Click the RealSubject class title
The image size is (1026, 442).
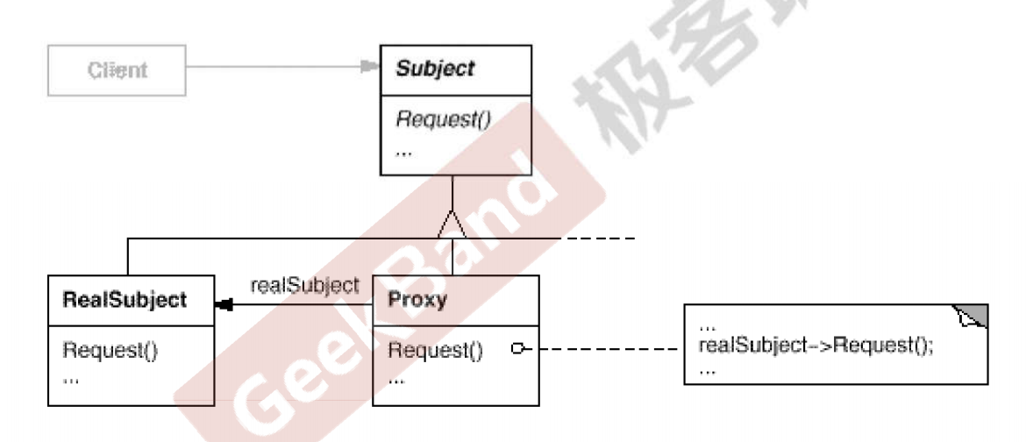(125, 300)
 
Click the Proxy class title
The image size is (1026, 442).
(417, 300)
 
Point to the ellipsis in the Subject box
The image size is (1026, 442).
(404, 151)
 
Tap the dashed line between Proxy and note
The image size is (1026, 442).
(605, 350)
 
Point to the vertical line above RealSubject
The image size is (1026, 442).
(128, 256)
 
